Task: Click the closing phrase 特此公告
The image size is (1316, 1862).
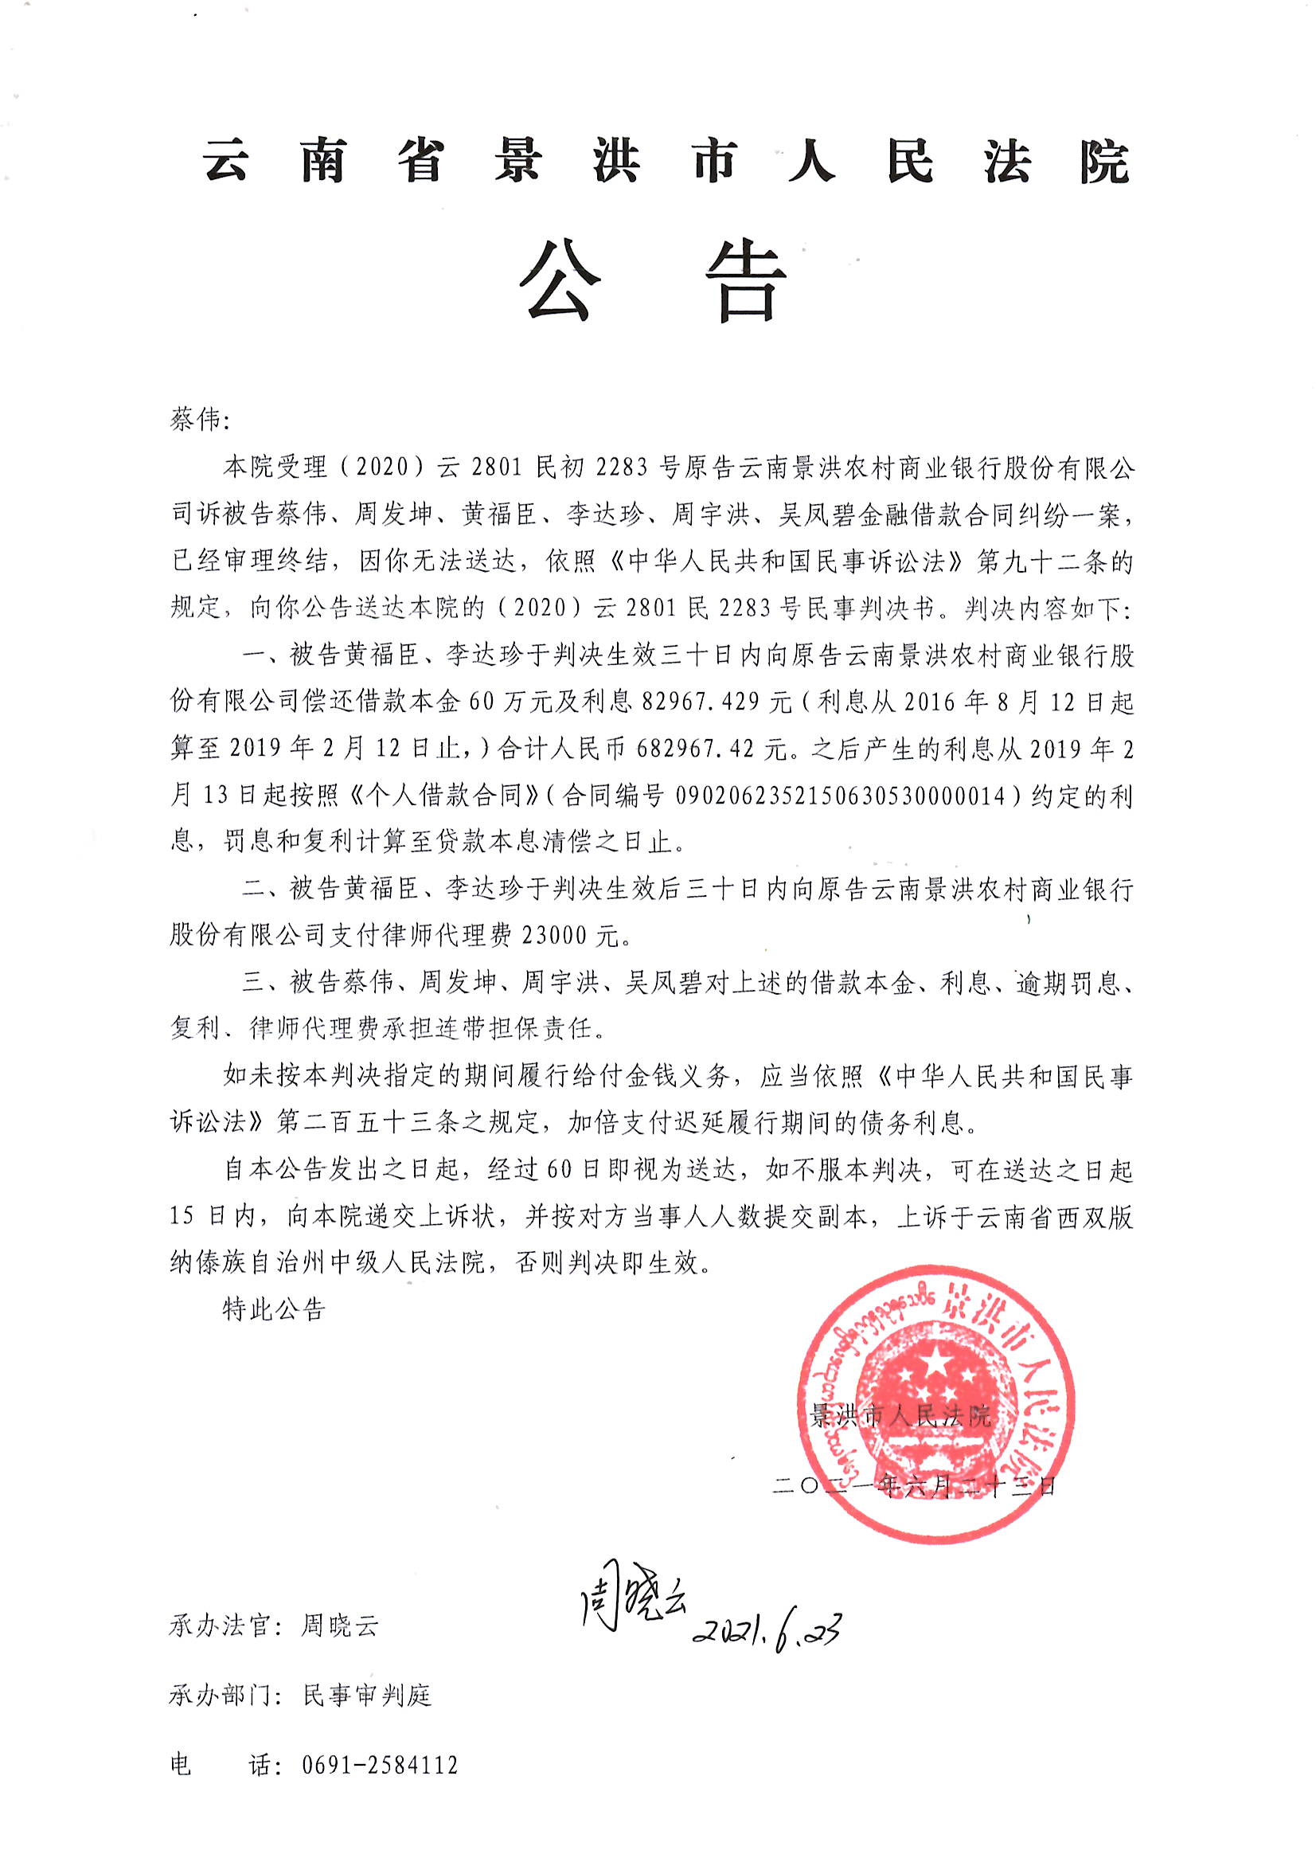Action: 274,1309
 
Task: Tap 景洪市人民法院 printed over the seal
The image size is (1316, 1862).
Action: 900,1416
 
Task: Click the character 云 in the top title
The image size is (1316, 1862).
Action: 226,160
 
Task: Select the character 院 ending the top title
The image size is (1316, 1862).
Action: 1103,162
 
